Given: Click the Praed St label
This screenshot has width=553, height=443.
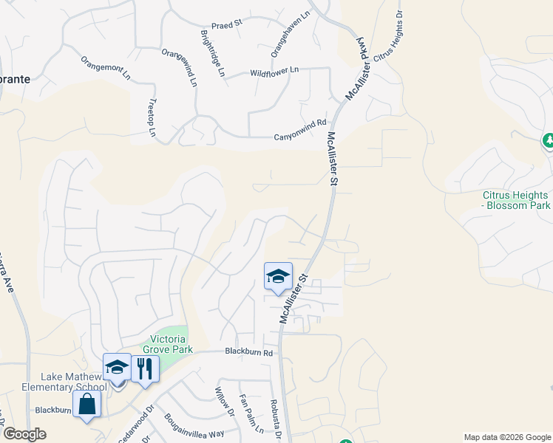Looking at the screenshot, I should (x=227, y=24).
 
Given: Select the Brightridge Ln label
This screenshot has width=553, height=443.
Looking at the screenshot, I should (x=212, y=54).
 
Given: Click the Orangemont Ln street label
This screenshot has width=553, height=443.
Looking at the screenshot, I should (x=105, y=68).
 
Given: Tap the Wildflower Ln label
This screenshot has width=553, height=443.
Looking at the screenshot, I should (x=274, y=72).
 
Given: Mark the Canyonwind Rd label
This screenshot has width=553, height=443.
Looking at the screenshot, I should (x=300, y=131).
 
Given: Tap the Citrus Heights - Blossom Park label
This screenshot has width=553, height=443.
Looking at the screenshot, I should (x=516, y=200).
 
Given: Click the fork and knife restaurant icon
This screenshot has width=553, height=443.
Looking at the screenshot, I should (x=145, y=368).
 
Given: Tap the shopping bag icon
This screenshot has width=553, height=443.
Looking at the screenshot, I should (x=87, y=404).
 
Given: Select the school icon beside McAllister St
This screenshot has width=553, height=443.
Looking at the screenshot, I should (x=278, y=277).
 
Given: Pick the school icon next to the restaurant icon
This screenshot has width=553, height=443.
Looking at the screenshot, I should (x=117, y=367).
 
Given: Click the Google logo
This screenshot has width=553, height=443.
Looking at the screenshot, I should (x=25, y=434).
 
